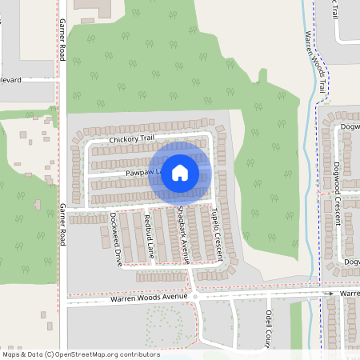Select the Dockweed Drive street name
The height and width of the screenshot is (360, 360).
115,238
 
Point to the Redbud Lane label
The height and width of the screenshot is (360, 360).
148,235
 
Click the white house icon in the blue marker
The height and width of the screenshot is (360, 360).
180,173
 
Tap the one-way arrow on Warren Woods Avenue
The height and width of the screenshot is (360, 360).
327,294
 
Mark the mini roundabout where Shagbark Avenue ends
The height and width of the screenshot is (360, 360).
194,296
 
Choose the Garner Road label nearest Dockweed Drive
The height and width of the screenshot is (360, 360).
62,224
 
